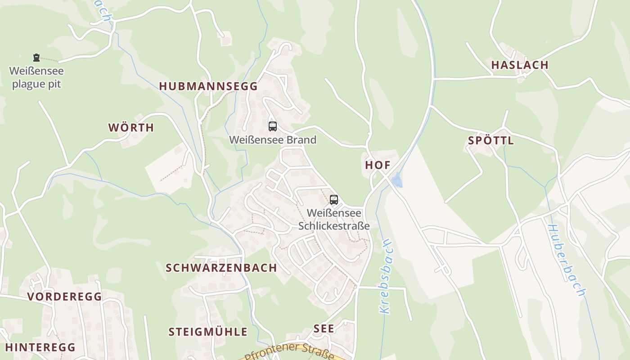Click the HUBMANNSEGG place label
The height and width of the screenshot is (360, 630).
208,86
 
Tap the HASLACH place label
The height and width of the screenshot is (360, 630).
520,65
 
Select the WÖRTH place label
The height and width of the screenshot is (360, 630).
131,127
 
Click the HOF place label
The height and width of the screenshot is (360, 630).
378,165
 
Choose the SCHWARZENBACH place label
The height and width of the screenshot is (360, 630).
221,268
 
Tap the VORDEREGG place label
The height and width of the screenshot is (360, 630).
64,297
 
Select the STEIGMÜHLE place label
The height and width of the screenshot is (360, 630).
208,332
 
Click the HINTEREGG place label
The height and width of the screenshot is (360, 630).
40,347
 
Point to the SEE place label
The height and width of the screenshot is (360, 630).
324,328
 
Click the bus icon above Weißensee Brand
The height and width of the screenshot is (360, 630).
273,126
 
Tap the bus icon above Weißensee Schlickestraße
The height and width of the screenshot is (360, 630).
333,200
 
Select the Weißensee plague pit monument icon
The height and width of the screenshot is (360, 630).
36,58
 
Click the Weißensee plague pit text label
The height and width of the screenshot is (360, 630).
36,77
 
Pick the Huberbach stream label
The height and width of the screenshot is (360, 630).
566,261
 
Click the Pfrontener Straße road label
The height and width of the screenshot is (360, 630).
290,351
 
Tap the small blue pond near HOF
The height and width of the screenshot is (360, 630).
396,181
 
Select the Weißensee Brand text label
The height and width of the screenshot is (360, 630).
273,139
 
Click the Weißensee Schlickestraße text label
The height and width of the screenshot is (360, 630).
333,219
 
